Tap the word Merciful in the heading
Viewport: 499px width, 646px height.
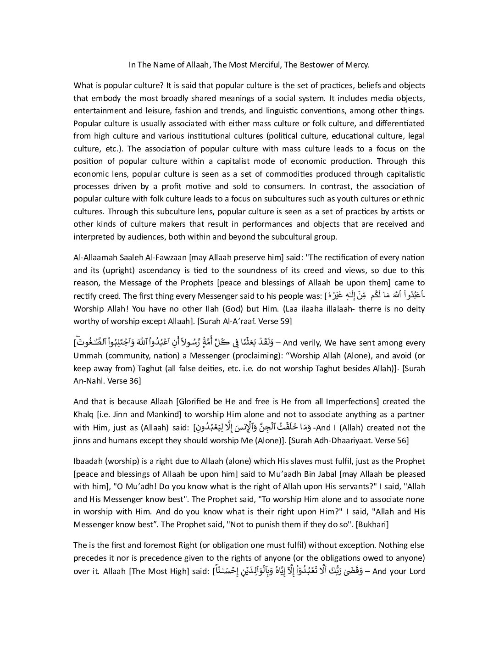pos(265,65)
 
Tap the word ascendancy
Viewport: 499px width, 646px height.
pos(166,270)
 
